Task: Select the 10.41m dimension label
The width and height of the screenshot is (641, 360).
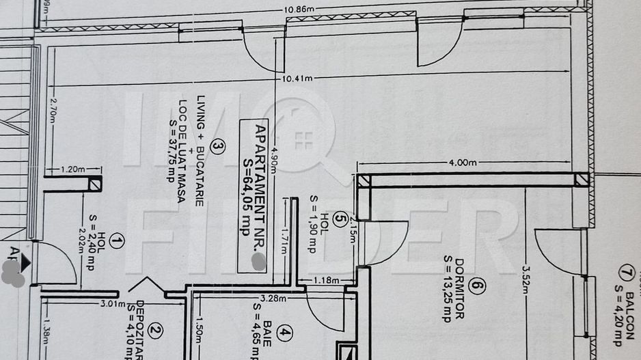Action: pos(295,79)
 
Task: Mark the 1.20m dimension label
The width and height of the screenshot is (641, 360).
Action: pos(70,168)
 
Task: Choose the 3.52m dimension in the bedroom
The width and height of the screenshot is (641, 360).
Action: pos(526,277)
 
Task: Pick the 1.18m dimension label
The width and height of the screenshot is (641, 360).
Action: pos(325,280)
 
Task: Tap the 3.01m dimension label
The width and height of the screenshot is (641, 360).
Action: pos(113,304)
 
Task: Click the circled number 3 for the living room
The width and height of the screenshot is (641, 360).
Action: pos(217,145)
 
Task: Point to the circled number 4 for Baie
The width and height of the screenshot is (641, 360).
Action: pos(285,335)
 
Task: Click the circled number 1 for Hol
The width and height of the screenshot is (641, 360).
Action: pos(118,240)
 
